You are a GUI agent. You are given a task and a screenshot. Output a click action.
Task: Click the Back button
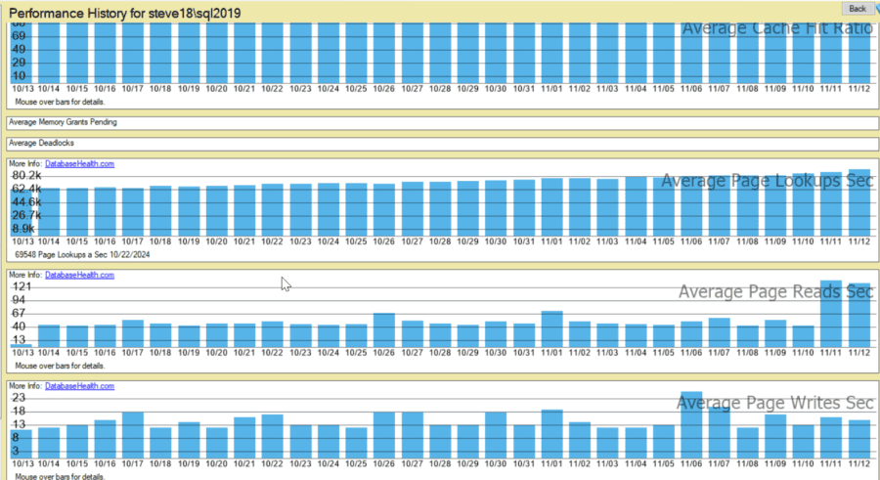pos(857,9)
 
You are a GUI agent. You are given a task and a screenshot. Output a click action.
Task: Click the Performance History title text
pos(126,13)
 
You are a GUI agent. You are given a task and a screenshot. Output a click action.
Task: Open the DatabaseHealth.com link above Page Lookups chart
pos(79,163)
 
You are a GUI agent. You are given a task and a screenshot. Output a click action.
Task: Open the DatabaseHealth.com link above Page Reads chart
pos(79,275)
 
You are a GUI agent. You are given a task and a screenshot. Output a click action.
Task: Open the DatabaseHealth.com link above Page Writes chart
pos(79,386)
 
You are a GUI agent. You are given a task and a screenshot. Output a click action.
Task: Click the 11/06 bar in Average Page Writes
pos(691,424)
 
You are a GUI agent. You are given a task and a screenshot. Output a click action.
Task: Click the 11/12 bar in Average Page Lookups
pos(859,205)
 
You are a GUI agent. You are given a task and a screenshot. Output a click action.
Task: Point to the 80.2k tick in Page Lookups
pos(26,175)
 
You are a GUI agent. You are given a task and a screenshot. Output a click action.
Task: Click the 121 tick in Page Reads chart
pos(23,286)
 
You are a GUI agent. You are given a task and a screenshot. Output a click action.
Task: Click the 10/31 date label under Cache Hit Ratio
pos(524,88)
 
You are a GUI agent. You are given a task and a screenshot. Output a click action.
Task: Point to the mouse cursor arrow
pos(284,283)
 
